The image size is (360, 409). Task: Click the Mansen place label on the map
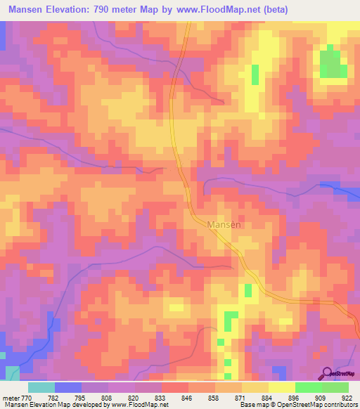225,225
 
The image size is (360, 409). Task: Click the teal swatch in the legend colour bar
41,387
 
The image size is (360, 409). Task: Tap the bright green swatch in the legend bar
308,387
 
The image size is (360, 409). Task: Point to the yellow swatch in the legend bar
281,387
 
